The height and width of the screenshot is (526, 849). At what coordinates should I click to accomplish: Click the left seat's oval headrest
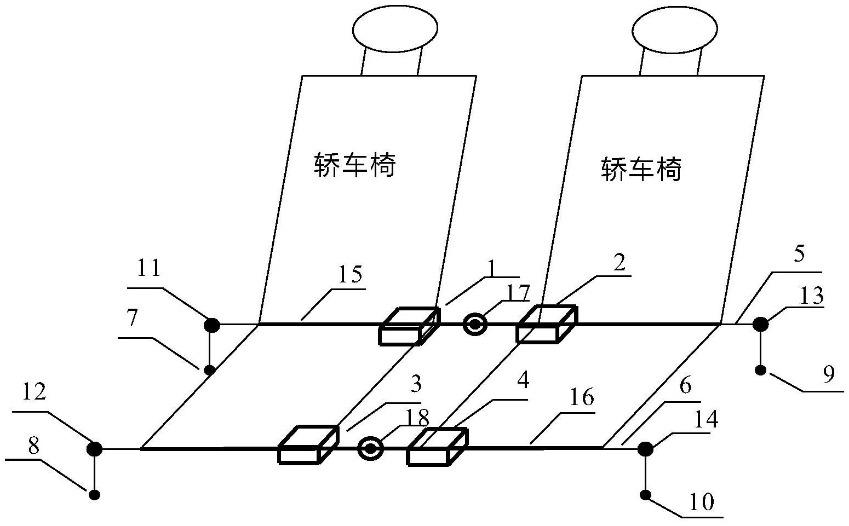tap(395, 28)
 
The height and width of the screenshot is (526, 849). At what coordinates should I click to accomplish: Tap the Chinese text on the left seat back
tap(355, 164)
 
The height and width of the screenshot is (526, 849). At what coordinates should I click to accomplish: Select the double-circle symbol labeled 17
tap(474, 324)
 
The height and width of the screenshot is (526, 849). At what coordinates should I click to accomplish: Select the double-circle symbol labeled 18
tap(370, 449)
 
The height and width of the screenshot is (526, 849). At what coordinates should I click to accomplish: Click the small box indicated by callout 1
tap(409, 327)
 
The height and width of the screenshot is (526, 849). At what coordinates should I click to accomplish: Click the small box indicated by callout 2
tap(546, 325)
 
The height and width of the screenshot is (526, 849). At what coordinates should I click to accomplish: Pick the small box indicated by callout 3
tap(308, 445)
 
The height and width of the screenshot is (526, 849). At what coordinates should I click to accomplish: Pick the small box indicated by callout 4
tap(437, 447)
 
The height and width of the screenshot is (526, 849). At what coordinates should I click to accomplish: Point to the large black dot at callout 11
tap(211, 325)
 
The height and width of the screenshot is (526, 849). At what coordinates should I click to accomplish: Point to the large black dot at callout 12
tap(94, 449)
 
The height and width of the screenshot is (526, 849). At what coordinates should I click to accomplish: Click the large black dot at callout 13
tap(760, 324)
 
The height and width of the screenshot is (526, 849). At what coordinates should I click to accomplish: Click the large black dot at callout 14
tap(645, 449)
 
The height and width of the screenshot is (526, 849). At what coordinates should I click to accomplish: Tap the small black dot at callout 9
tap(760, 371)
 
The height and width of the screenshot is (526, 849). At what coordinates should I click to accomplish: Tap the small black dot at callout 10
tap(645, 495)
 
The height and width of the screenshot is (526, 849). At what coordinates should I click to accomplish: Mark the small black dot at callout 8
tap(94, 495)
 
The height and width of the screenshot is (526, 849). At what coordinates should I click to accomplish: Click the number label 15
tap(349, 274)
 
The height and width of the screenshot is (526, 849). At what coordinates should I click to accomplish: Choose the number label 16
tap(581, 398)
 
